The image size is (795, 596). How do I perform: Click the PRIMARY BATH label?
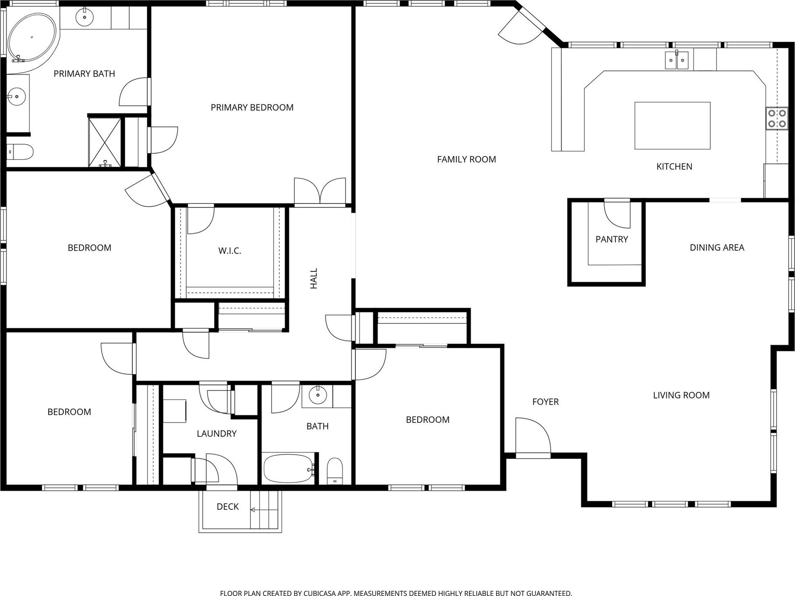pyautogui.click(x=84, y=74)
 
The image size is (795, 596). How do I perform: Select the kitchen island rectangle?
pyautogui.click(x=672, y=126)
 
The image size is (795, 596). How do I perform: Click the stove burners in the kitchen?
pyautogui.click(x=777, y=118)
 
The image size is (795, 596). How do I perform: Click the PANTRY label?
pyautogui.click(x=612, y=240)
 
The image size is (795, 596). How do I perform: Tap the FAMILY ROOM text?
pyautogui.click(x=466, y=160)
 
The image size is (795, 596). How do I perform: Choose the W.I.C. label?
pyautogui.click(x=230, y=251)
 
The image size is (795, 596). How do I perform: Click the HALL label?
pyautogui.click(x=314, y=279)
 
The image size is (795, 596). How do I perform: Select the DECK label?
pyautogui.click(x=228, y=507)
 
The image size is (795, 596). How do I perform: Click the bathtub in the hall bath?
pyautogui.click(x=289, y=469)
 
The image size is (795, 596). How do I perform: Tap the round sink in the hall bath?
pyautogui.click(x=317, y=395)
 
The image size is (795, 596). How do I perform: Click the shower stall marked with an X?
pyautogui.click(x=105, y=142)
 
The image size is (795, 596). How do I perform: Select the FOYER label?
pyautogui.click(x=545, y=402)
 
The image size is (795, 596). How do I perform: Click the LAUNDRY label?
pyautogui.click(x=216, y=434)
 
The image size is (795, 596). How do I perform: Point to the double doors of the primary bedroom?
pyautogui.click(x=320, y=191)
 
